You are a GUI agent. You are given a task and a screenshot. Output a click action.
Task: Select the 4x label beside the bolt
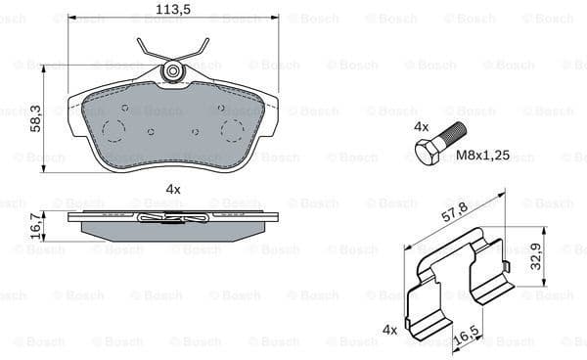coord(422,127)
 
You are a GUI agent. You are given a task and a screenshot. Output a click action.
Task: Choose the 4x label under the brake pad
coord(173,188)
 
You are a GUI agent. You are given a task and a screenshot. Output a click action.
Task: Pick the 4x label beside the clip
coord(389,330)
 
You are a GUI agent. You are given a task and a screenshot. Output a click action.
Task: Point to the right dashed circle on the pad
coord(232,130)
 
